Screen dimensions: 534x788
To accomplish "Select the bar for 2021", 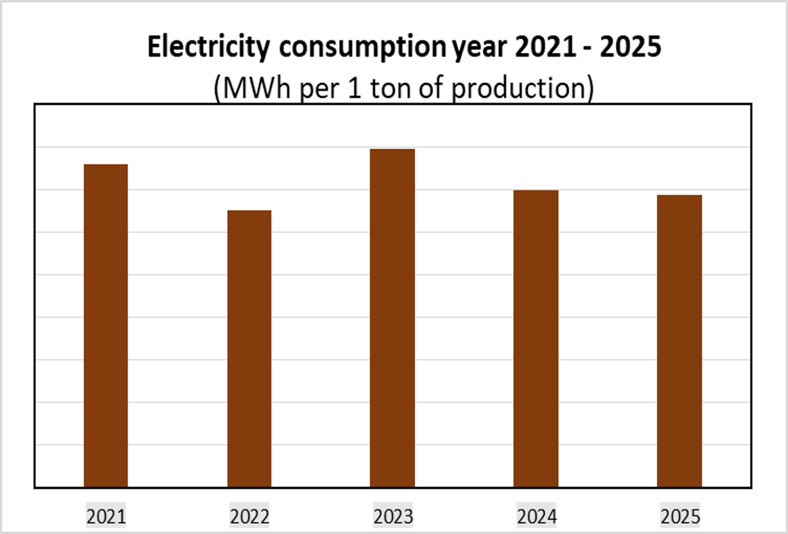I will coord(106,325).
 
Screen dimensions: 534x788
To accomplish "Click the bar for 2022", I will coord(249,348).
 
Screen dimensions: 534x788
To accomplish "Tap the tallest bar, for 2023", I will coord(392,318).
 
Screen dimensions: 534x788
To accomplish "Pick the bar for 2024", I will coord(536,338).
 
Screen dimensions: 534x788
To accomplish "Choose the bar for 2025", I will coord(680,340).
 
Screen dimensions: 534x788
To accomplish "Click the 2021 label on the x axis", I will coord(106,517).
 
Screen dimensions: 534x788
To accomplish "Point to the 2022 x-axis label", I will coord(249,517).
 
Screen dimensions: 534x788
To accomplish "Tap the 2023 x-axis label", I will coord(393,517).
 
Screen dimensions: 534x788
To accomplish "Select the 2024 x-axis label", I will coord(537,517).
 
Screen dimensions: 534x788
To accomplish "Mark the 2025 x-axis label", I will coord(680,517).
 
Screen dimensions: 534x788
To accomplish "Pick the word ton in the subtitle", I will coord(389,88).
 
